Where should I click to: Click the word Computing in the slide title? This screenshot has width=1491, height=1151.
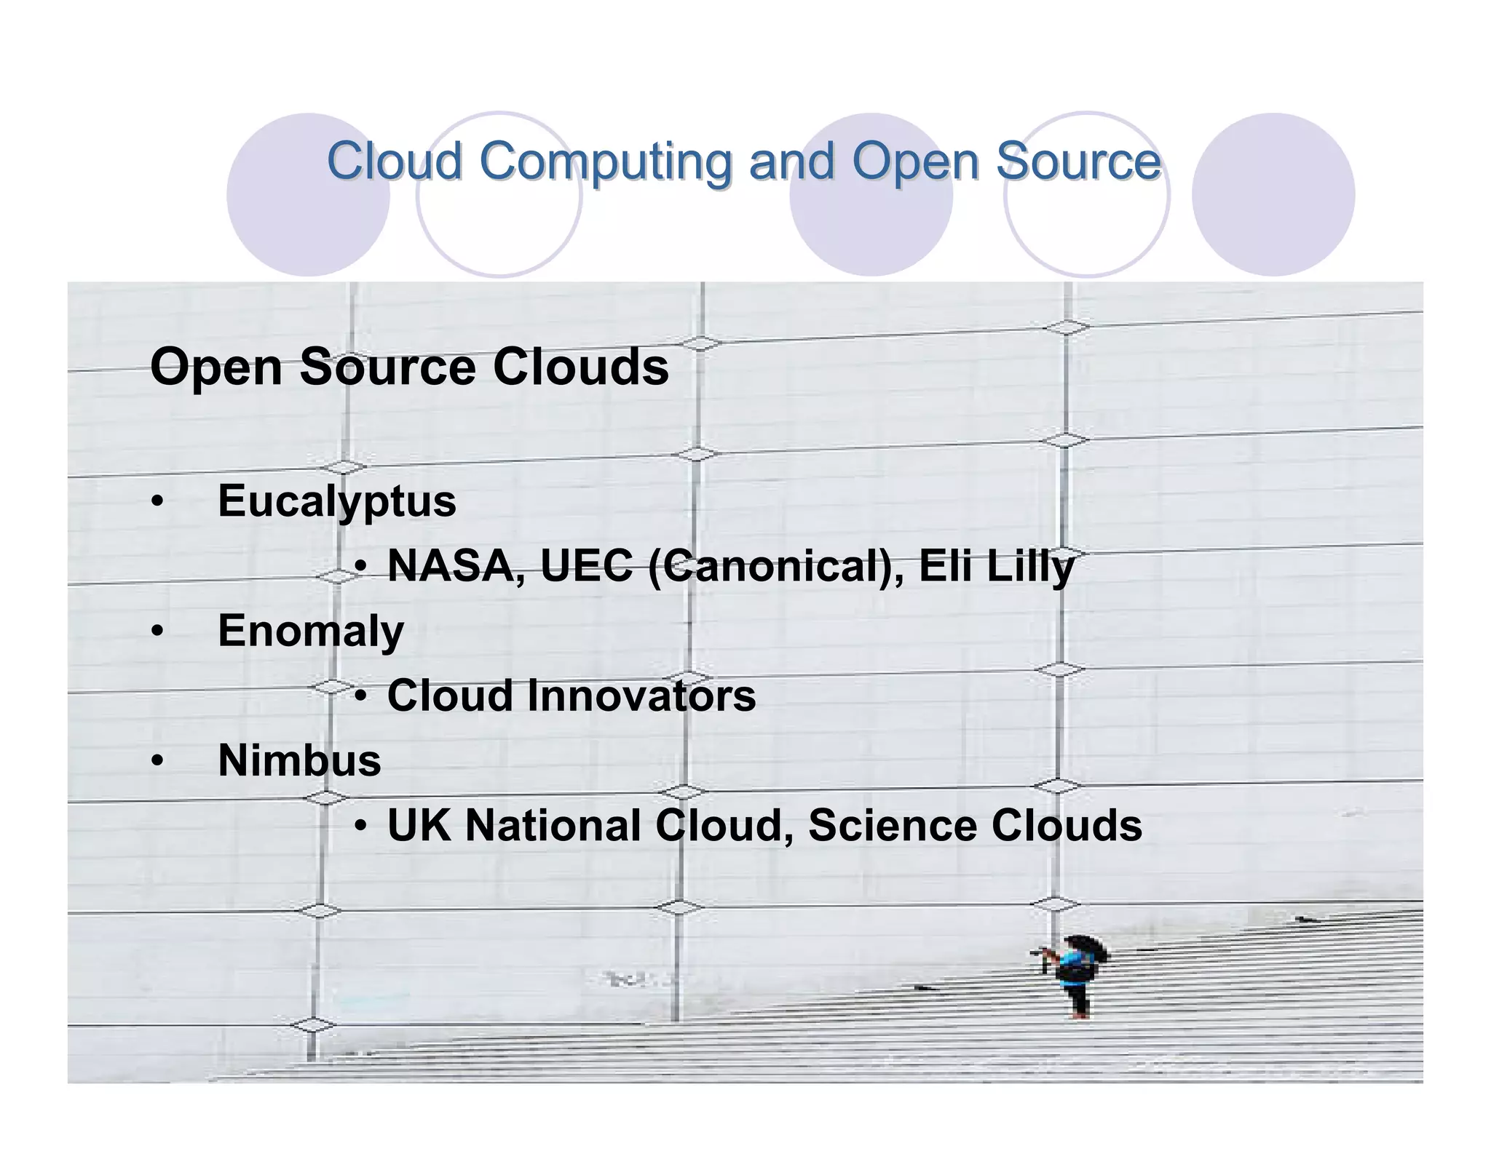coord(605,162)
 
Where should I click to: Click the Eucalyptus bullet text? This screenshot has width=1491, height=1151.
coord(336,502)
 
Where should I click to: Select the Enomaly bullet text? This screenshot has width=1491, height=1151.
coord(310,631)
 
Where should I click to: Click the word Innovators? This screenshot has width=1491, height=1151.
coord(641,696)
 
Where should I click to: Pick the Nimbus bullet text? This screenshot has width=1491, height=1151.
coord(299,760)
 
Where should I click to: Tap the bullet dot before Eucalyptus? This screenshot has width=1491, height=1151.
coord(157,502)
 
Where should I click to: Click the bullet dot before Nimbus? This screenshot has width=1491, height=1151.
coord(157,761)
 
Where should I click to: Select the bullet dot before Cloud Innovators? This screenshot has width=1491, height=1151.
coord(361,696)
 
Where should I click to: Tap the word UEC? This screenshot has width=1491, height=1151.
coord(586,566)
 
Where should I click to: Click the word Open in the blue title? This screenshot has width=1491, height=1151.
coord(914,162)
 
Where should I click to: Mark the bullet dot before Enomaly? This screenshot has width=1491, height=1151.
coord(157,632)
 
